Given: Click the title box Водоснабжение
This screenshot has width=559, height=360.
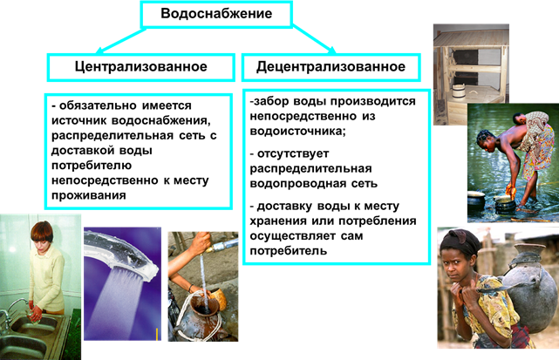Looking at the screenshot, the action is (216, 14).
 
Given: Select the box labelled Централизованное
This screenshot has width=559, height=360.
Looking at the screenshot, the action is (140, 67).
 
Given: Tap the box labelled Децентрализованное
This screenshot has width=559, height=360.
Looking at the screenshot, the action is (331, 67).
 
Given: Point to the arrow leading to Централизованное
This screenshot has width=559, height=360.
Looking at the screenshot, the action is (121, 41).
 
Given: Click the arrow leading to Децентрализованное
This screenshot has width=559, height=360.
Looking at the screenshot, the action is (314, 39).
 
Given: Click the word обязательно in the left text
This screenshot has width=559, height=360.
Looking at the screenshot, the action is (98, 105).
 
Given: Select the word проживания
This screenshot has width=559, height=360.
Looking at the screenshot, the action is (89, 195).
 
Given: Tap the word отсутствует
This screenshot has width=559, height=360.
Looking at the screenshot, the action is (293, 153).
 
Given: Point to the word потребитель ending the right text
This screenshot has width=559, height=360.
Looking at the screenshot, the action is (288, 251).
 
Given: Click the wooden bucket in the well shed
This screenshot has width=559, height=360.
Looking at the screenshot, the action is (460, 92).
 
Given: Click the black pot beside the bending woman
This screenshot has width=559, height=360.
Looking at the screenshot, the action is (476, 201).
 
